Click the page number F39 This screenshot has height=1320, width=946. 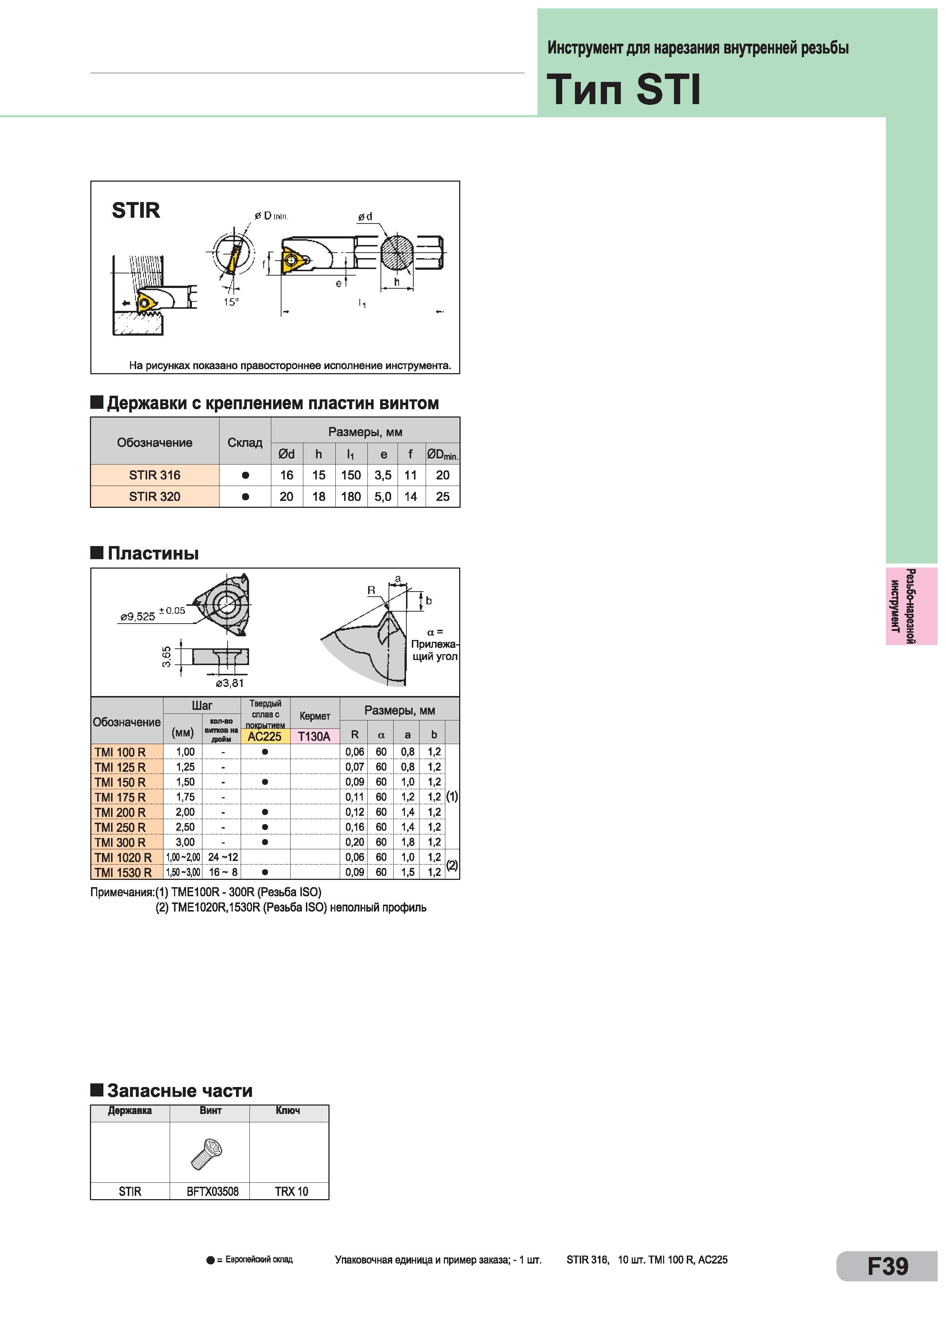888,1266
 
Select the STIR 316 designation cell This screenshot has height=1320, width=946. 155,475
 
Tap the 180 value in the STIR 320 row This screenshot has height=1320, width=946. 351,497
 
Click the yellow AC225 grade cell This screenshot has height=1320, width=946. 265,736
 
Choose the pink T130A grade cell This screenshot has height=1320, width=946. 314,736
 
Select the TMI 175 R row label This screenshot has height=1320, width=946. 120,797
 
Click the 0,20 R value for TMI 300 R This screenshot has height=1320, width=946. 355,842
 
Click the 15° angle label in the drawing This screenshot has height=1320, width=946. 231,302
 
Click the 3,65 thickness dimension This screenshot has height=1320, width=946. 166,656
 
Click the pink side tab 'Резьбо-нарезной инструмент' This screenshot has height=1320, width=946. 911,606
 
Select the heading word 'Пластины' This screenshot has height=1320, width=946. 153,553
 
